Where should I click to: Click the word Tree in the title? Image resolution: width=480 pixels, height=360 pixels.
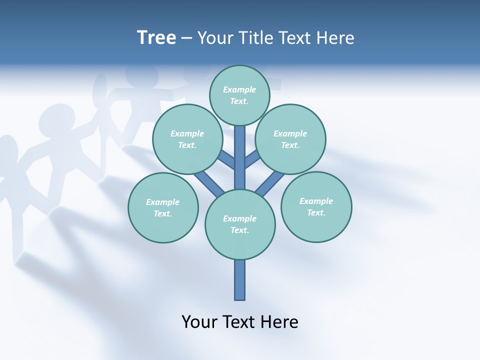pyautogui.click(x=156, y=38)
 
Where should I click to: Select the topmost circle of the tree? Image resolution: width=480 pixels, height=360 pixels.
pyautogui.click(x=239, y=95)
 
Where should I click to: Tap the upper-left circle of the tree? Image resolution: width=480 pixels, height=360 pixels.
pyautogui.click(x=187, y=139)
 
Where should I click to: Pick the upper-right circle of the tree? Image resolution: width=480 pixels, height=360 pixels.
pyautogui.click(x=290, y=139)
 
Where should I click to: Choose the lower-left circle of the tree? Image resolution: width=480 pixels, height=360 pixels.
pyautogui.click(x=163, y=207)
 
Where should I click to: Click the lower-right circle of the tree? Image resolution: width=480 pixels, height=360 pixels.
pyautogui.click(x=316, y=206)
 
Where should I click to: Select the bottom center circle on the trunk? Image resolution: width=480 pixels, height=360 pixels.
pyautogui.click(x=240, y=224)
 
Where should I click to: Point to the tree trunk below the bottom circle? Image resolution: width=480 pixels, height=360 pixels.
pyautogui.click(x=240, y=280)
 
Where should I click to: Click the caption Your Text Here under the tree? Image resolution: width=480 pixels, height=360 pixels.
pyautogui.click(x=240, y=322)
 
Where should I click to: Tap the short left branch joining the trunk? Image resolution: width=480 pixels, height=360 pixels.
pyautogui.click(x=227, y=159)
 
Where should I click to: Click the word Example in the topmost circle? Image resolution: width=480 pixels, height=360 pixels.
pyautogui.click(x=239, y=89)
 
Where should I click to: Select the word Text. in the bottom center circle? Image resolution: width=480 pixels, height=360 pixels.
pyautogui.click(x=239, y=230)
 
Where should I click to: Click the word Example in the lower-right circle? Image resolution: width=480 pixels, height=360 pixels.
pyautogui.click(x=316, y=201)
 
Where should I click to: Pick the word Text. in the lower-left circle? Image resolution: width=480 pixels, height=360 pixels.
pyautogui.click(x=163, y=214)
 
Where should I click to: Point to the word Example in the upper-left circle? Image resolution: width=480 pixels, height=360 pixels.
pyautogui.click(x=187, y=133)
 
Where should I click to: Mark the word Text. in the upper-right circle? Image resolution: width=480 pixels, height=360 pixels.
pyautogui.click(x=290, y=145)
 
